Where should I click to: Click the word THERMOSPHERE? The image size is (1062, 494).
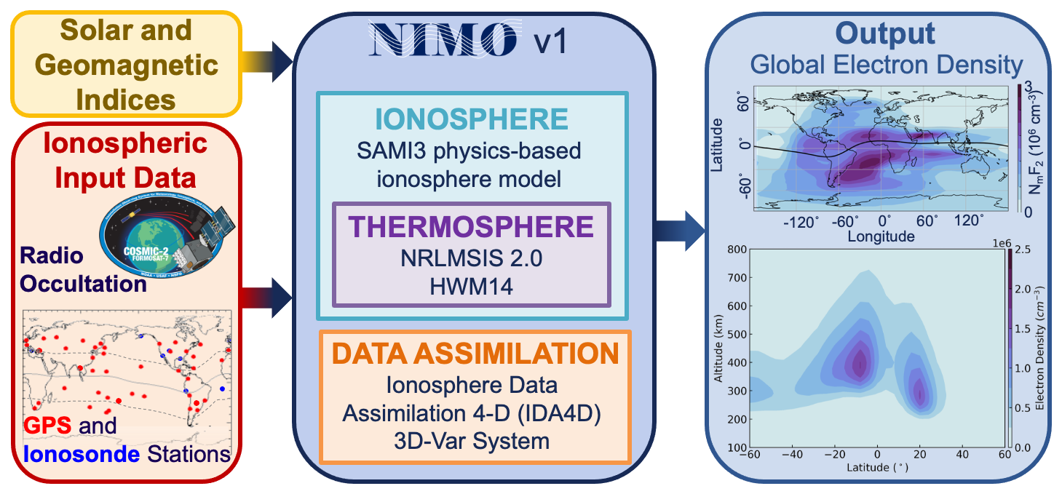click(471, 226)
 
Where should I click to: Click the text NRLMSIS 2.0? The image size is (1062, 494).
click(471, 258)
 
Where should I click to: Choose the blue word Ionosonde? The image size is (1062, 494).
click(81, 455)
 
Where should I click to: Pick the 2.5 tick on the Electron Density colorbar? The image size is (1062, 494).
click(1023, 250)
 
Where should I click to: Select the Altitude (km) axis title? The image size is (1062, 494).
click(718, 348)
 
